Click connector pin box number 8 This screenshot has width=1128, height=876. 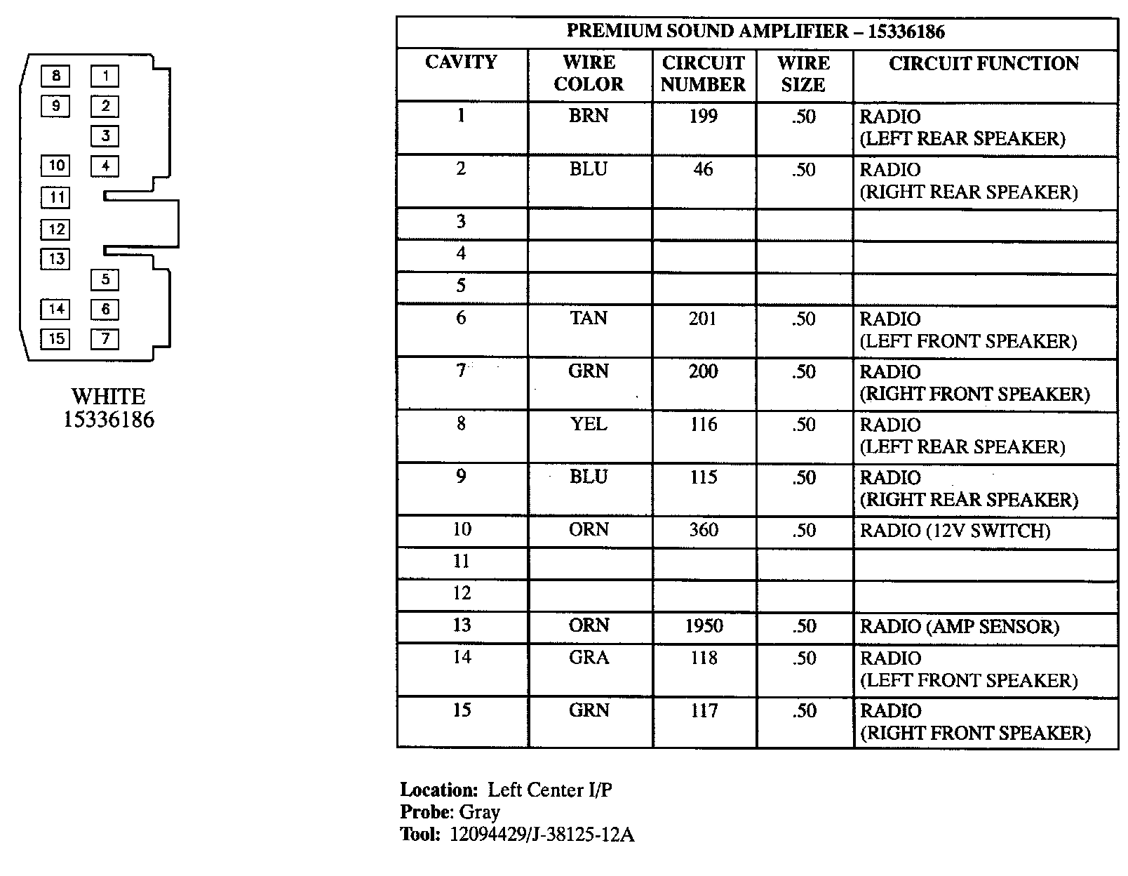tap(55, 76)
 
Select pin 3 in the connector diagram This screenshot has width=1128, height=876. tap(105, 136)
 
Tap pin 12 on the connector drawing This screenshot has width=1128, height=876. tap(56, 229)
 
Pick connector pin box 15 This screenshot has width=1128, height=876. tap(55, 339)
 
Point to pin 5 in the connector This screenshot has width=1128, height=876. tap(105, 279)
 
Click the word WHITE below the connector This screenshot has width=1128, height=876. tap(108, 397)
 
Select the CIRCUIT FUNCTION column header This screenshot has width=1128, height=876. tap(983, 64)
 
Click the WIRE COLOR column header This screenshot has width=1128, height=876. tap(589, 73)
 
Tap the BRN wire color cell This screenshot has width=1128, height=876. tap(589, 116)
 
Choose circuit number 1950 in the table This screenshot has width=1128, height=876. tap(704, 626)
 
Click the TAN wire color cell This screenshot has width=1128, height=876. tap(589, 319)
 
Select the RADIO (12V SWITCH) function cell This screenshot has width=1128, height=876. tap(955, 531)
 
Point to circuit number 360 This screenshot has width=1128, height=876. tap(704, 530)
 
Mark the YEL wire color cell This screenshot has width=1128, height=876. tap(589, 425)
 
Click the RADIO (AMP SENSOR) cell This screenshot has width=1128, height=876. tap(959, 627)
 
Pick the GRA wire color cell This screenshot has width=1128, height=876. tap(589, 658)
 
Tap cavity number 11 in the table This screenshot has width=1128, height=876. tap(461, 562)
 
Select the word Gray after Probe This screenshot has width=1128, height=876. tap(480, 812)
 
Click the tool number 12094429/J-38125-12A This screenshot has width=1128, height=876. tap(542, 835)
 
